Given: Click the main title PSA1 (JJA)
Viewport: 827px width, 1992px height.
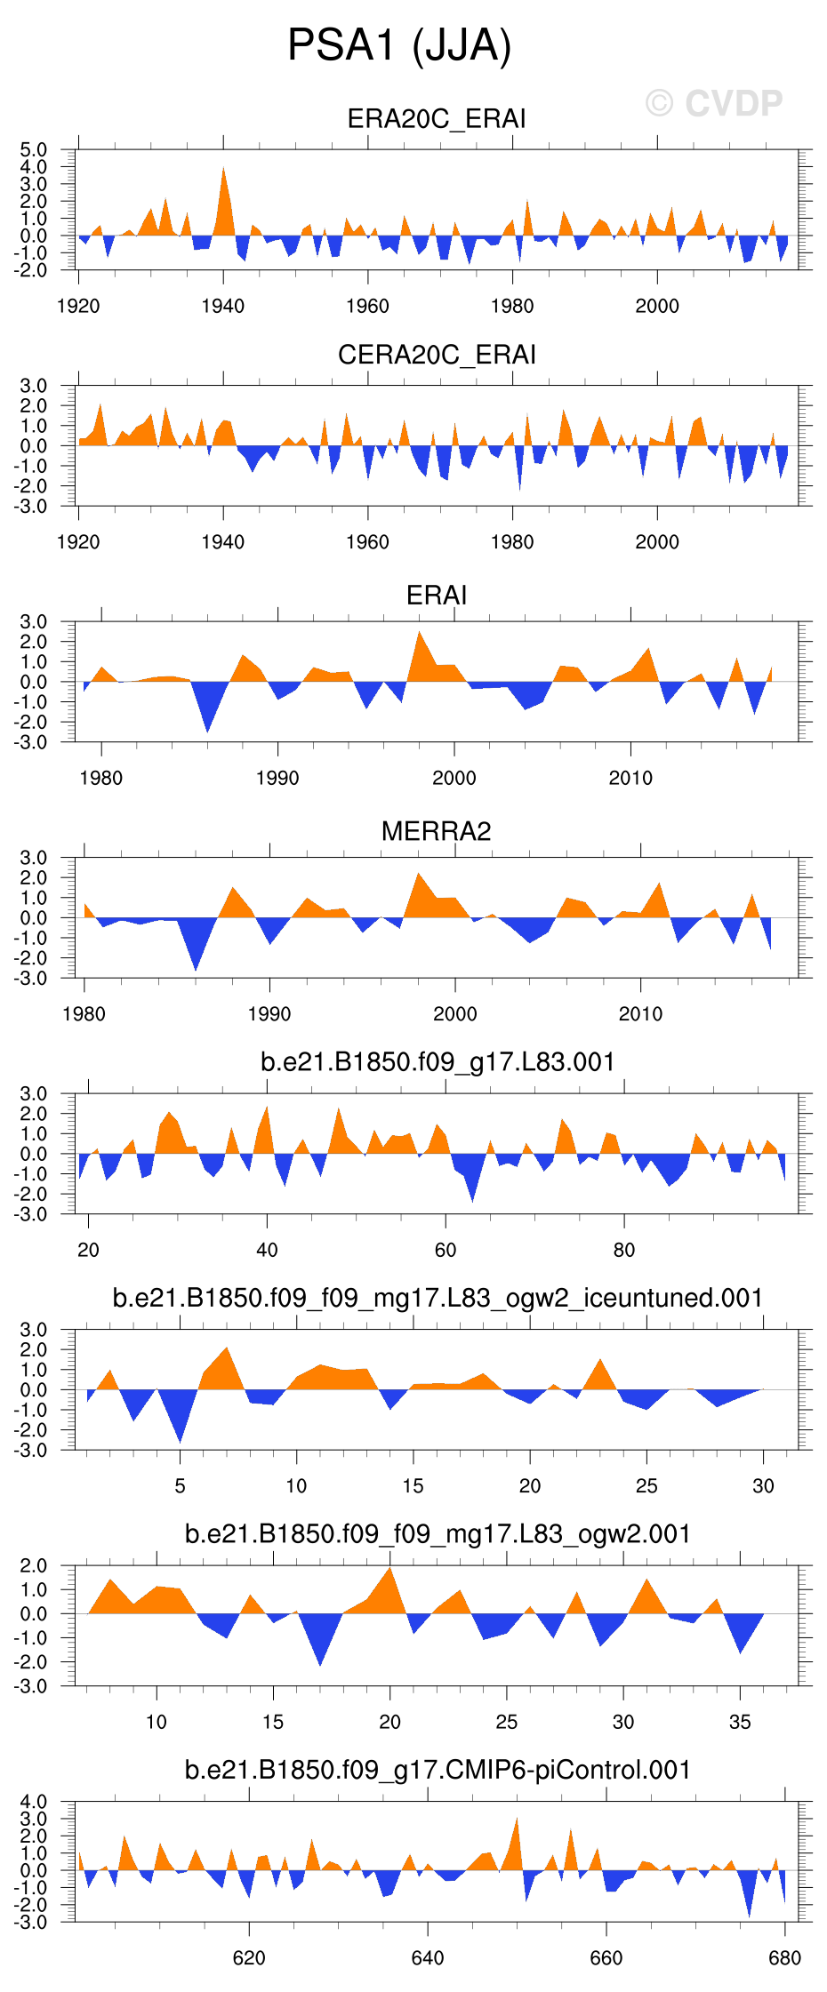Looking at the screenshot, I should pyautogui.click(x=399, y=44).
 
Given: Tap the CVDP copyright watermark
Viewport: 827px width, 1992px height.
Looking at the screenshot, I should pyautogui.click(x=713, y=104).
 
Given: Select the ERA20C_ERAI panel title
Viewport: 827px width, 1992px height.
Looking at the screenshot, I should pyautogui.click(x=436, y=119).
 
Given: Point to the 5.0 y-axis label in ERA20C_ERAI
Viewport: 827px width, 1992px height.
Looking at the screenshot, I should pyautogui.click(x=33, y=149).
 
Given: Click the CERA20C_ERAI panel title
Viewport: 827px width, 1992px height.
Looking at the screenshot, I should pyautogui.click(x=436, y=355).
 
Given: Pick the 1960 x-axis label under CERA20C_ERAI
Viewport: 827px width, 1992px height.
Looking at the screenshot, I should pyautogui.click(x=367, y=542).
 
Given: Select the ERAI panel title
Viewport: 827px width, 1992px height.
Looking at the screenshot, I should pyautogui.click(x=436, y=595).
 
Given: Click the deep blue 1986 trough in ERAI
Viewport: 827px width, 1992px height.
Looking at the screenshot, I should pyautogui.click(x=208, y=716).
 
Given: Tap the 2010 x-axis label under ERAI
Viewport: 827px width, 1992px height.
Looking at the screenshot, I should pyautogui.click(x=630, y=779).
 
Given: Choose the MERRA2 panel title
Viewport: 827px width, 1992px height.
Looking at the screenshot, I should pyautogui.click(x=436, y=831).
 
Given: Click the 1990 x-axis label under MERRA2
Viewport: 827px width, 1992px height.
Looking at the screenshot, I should pyautogui.click(x=269, y=1014).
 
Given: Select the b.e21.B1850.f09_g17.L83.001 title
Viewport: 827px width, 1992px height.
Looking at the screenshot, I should pyautogui.click(x=438, y=1062).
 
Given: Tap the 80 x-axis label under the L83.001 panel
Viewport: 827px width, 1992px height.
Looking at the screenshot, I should pyautogui.click(x=624, y=1251).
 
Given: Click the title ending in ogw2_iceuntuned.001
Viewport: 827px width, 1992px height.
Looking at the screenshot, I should pyautogui.click(x=438, y=1298).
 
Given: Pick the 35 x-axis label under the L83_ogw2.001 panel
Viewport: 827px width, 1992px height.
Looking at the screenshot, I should pyautogui.click(x=740, y=1723).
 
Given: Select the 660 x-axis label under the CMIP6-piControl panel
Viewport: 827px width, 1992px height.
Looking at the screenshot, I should pyautogui.click(x=606, y=1958).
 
